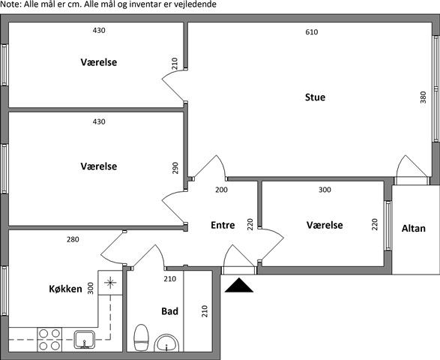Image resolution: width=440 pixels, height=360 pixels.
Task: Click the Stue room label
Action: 315,97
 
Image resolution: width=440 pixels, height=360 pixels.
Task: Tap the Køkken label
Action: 65,289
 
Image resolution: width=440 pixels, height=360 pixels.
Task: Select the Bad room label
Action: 169,311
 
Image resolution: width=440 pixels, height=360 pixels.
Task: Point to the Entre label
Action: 223,225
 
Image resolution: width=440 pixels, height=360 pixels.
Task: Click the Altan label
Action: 414,228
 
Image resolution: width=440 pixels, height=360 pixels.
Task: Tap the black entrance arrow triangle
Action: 239,285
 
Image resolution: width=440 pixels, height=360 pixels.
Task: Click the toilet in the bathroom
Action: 141,337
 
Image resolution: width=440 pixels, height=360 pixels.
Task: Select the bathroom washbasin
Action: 166,343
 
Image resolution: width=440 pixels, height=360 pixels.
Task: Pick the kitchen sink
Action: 85,340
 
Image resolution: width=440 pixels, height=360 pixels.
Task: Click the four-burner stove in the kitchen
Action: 49,340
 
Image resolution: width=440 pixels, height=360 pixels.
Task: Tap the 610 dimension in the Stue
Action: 312,32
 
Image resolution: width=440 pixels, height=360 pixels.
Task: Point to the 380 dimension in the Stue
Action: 424,97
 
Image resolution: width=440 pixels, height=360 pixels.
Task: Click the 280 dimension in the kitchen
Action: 73,239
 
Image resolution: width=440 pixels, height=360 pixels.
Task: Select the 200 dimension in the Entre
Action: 221,190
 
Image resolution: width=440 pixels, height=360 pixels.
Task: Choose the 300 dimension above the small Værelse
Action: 325,190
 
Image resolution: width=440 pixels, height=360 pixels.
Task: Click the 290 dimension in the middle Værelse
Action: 175,168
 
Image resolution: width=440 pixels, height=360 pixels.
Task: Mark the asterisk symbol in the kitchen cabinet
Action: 110,283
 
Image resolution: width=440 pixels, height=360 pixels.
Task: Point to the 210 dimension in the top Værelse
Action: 175,64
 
